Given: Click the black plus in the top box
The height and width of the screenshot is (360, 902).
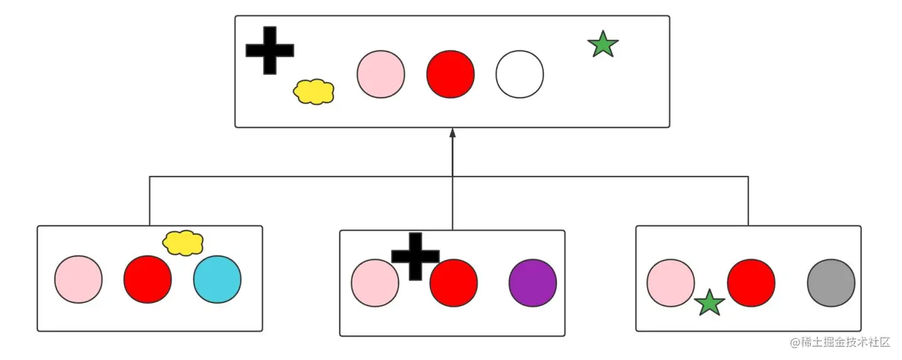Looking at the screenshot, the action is point(270,51).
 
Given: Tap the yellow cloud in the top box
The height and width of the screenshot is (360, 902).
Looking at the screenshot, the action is point(313,91).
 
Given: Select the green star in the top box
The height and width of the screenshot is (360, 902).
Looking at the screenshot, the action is point(603,45).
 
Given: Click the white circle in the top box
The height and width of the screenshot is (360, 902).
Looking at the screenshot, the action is point(519,75).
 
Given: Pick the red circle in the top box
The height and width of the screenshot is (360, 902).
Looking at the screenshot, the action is point(450,75).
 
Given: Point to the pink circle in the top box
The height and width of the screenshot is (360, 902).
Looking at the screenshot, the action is point(381,75).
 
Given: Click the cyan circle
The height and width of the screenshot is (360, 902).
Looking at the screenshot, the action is point(217,279).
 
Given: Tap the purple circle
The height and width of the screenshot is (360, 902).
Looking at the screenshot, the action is point(532,283).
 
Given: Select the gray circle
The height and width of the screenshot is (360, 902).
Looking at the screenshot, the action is point(831,283).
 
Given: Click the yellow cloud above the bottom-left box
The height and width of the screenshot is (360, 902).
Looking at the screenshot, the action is point(183,243).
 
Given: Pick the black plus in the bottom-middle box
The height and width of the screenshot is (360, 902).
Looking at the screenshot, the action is point(415,256).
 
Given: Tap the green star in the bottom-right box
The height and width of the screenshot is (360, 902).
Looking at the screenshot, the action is point(710,303).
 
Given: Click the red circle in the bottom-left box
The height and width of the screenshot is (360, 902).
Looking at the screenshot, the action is point(147,279).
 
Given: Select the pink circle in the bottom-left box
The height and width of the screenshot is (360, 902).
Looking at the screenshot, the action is point(78,279).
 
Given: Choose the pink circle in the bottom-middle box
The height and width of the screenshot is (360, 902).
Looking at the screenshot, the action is point(375,283).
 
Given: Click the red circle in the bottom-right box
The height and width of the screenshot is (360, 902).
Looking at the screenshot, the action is point(751,283).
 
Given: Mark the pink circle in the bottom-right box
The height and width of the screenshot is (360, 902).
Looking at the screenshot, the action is point(670,283).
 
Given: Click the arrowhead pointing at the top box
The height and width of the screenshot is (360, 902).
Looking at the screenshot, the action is point(452,133).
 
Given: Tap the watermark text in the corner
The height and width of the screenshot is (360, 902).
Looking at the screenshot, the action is point(840,342).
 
